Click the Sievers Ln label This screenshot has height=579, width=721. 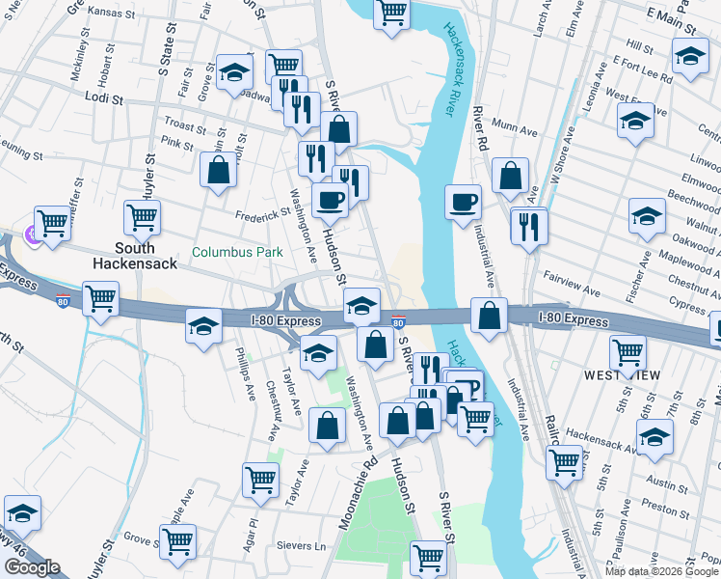click(x=307, y=545)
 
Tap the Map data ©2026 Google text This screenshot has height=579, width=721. click(x=660, y=571)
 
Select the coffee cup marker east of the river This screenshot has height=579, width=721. click(x=463, y=202)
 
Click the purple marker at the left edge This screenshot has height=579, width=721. click(x=30, y=234)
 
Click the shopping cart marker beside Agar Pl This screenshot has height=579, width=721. click(x=260, y=480)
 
